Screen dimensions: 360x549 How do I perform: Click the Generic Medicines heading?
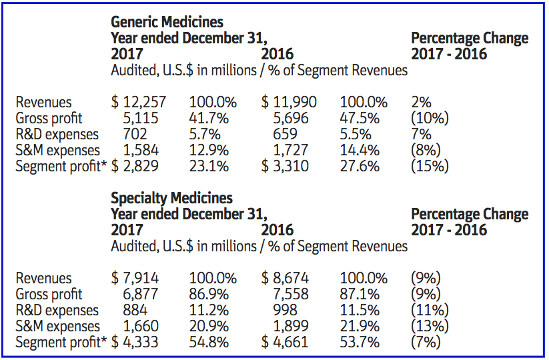pos(167,23)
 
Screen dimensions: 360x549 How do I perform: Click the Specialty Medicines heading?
pos(172,198)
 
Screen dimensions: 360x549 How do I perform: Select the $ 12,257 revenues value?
pos(139,103)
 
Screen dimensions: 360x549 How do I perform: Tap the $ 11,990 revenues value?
pos(290,103)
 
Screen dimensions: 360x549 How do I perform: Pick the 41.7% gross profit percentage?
pos(209,119)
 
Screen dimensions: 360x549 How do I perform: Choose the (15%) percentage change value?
pos(430,167)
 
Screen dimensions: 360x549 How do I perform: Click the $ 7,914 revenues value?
pos(135,279)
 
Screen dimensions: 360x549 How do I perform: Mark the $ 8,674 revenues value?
pos(286,279)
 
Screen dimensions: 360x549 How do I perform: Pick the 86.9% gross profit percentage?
pos(209,295)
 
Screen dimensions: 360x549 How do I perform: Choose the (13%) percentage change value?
pos(430,327)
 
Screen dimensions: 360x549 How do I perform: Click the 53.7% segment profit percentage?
pos(360,343)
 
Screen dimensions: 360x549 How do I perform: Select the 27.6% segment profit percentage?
pos(360,167)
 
